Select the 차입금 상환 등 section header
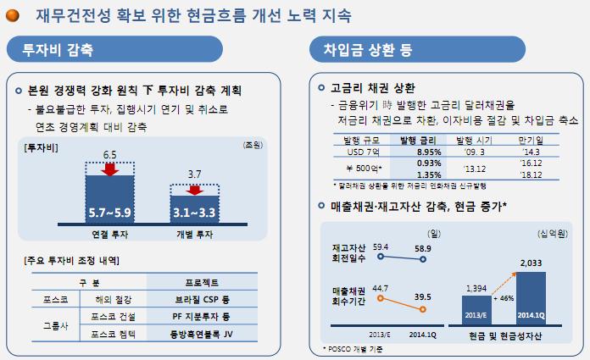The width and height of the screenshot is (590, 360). (x=366, y=50)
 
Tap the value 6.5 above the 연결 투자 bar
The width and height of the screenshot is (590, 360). (x=109, y=154)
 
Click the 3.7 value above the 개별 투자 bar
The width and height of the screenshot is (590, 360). (x=193, y=174)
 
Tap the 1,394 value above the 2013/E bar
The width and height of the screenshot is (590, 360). (x=476, y=289)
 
